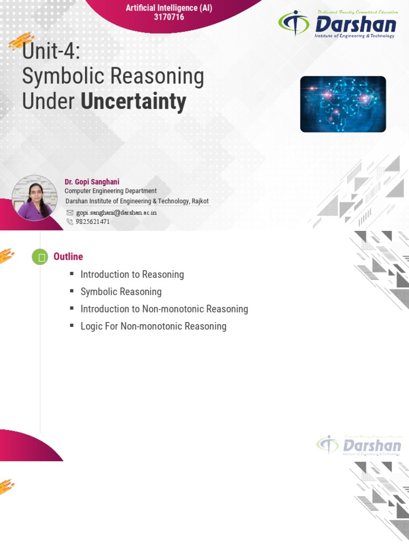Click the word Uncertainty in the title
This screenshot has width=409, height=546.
134,101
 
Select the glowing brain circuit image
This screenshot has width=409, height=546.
342,104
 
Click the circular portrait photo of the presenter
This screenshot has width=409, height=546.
35,198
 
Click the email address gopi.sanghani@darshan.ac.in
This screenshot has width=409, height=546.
116,212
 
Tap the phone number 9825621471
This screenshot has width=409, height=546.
93,221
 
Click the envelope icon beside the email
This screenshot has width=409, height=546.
70,212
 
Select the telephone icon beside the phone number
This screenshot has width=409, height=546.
70,221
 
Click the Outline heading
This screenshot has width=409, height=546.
68,256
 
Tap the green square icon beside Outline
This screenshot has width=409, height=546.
40,257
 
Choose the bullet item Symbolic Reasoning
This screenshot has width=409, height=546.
121,292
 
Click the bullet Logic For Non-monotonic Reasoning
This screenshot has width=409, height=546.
153,326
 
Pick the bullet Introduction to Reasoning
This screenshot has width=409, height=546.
132,275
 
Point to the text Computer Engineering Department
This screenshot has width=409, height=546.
111,191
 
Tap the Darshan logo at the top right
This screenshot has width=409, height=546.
337,24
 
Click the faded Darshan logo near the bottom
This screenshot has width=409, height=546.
359,445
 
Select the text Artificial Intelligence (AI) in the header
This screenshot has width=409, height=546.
168,8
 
